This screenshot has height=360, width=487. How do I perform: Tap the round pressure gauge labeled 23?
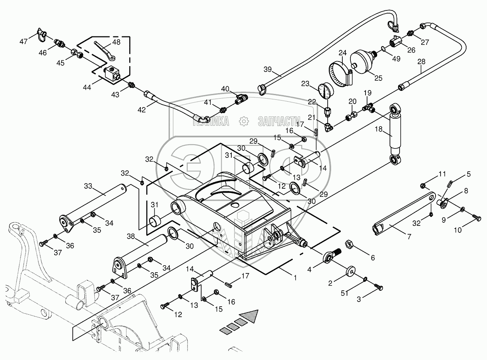coord(326,91)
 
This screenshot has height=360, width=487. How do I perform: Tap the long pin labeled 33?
coord(93,205)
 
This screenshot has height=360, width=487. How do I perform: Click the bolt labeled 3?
coord(378,286)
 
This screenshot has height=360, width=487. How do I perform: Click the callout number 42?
coord(142,110)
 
